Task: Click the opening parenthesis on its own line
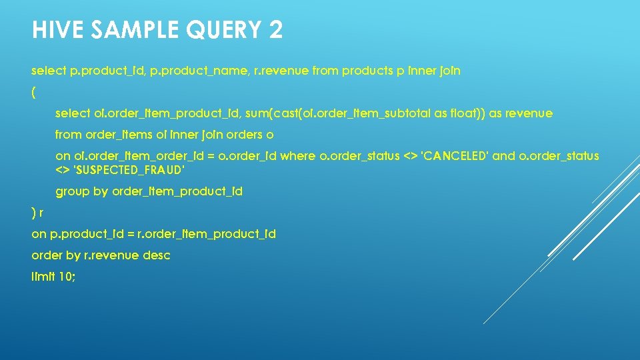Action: pos(33,91)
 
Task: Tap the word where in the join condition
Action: pos(299,156)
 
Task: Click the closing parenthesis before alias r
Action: pos(33,213)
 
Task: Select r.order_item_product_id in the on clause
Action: pos(206,234)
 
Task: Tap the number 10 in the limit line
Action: pos(65,277)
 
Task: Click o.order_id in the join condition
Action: pos(251,156)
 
